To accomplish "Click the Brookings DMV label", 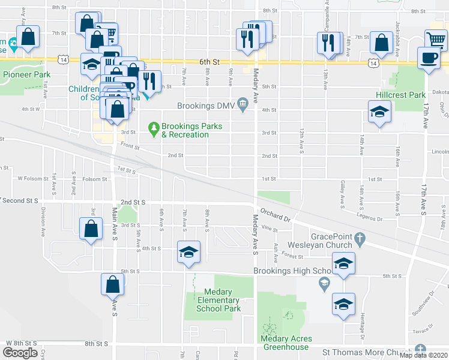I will coord(206,106).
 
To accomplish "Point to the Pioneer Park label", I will coord(26,74).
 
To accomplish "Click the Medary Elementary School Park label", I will coord(218,305).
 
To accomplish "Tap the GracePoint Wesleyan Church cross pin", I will coord(360,238).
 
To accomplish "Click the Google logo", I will coord(19,353).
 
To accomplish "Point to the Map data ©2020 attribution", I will coord(423,355).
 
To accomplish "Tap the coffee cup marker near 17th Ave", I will coord(429,58).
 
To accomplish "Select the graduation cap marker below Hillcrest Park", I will coord(379,113).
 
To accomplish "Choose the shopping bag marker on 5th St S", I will coord(112,285).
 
